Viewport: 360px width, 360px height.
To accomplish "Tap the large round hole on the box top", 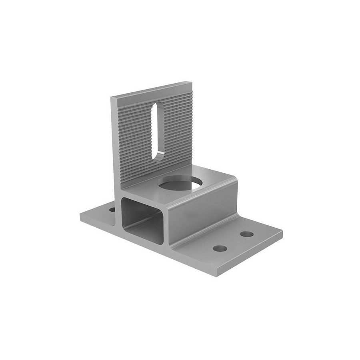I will click(x=180, y=184).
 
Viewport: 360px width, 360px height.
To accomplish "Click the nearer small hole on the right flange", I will click(x=220, y=248).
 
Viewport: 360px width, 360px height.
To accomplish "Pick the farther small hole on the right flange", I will click(x=247, y=234).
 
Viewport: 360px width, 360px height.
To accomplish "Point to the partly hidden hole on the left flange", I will click(x=112, y=209).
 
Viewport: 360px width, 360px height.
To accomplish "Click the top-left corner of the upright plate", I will click(x=112, y=97).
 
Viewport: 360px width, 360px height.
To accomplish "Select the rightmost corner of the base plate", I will click(x=282, y=231).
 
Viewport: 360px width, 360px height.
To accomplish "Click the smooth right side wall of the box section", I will click(x=204, y=216).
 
